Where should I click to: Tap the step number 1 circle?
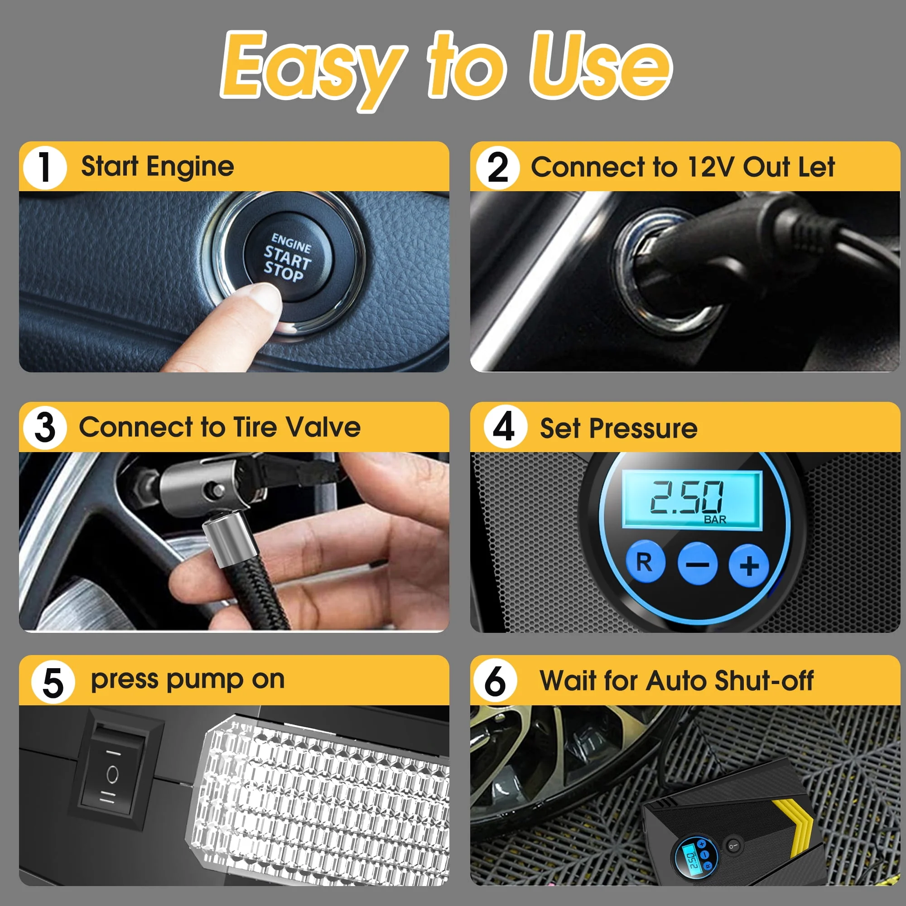click(x=45, y=168)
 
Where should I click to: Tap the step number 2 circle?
click(x=497, y=168)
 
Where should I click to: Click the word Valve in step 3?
click(x=323, y=427)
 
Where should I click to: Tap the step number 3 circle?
click(x=45, y=428)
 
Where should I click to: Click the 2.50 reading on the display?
click(x=686, y=497)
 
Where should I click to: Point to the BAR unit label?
click(x=715, y=520)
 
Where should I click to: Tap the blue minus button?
click(x=697, y=564)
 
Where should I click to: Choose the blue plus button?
click(x=749, y=565)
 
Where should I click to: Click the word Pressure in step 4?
click(x=643, y=428)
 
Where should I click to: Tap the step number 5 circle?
click(x=53, y=683)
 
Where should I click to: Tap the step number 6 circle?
click(x=495, y=681)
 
